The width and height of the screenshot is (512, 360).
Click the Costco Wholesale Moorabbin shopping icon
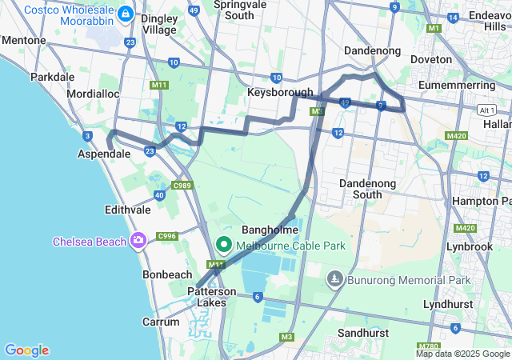(126, 14)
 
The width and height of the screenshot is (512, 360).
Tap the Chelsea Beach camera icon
(139, 239)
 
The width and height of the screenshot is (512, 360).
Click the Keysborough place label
(280, 93)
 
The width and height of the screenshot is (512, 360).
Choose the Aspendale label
(103, 153)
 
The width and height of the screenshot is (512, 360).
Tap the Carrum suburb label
(161, 322)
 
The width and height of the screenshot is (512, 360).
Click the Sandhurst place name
(363, 332)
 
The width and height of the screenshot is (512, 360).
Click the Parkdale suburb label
(52, 78)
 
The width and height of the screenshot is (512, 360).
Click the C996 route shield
(167, 235)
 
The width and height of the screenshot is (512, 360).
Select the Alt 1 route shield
(486, 109)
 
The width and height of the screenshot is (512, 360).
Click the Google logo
(26, 350)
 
